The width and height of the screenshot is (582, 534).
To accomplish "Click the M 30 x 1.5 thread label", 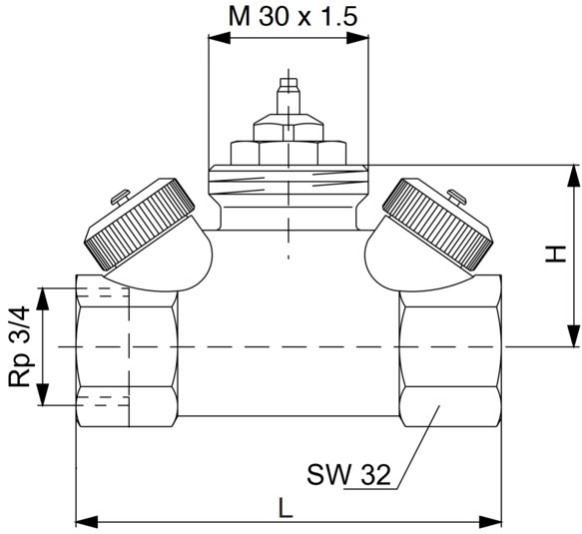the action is tap(292, 17).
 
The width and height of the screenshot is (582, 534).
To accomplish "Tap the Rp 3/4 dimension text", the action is tap(19, 346).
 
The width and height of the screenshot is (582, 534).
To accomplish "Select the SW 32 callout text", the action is tap(348, 474).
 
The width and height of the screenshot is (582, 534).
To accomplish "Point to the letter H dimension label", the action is tap(556, 254).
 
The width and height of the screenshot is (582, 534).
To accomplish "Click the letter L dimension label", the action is tap(286, 507).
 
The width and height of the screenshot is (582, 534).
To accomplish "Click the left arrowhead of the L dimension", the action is tap(87, 522).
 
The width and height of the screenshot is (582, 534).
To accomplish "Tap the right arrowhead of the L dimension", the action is tap(490, 522).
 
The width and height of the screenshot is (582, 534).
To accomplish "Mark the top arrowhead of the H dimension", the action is tap(573, 176).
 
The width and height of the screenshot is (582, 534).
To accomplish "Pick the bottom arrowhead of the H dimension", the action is tap(573, 335).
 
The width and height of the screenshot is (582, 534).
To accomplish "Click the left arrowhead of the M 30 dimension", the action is tap(220, 38).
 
